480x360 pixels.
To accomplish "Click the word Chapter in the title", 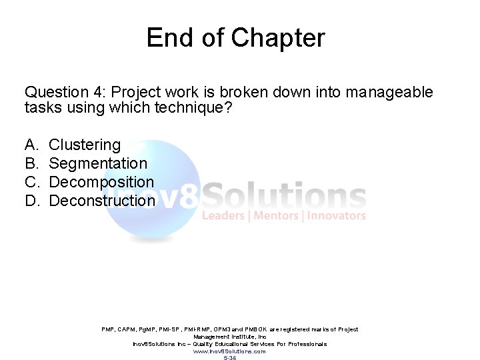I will (x=278, y=38).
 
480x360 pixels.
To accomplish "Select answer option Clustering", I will (x=85, y=145).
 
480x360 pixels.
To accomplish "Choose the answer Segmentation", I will (x=98, y=163).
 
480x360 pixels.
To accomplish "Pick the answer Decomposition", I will (x=101, y=182).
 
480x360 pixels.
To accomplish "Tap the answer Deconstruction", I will (x=102, y=201).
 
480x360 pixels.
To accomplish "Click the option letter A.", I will (x=31, y=145).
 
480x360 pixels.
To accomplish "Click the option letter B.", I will (x=31, y=163).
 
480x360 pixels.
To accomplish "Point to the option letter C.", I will (x=31, y=182).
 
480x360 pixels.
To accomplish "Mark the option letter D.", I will (x=31, y=201).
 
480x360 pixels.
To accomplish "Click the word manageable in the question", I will (x=389, y=92).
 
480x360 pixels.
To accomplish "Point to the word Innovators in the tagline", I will (x=337, y=215).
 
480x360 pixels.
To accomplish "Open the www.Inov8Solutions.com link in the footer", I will (x=229, y=351).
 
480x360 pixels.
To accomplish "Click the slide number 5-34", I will (x=229, y=358).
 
